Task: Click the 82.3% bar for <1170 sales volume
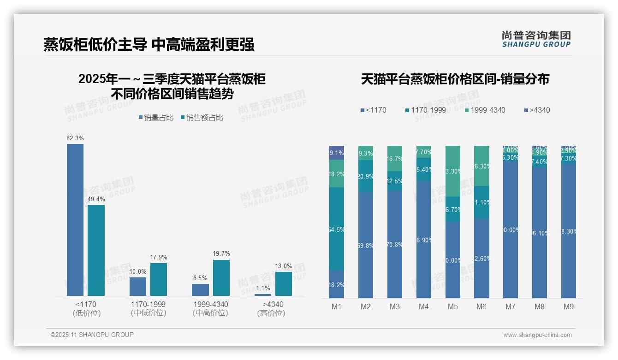pos(75,220)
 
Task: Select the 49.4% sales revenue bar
pos(96,250)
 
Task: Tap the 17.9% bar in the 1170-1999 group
pos(159,279)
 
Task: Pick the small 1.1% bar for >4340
pos(263,294)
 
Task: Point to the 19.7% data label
pos(221,254)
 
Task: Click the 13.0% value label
pos(284,266)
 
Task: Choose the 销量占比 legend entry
pos(156,118)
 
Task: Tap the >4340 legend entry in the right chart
pos(537,110)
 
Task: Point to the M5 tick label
pos(452,306)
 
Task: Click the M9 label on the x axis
pos(568,306)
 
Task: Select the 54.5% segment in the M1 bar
pos(337,229)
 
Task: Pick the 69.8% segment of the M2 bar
pos(366,245)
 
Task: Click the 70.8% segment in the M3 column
pos(395,244)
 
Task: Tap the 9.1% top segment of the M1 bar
pos(337,153)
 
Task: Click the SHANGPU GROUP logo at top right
pos(536,39)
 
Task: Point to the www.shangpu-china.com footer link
pos(537,335)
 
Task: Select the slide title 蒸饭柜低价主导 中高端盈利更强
pos(149,45)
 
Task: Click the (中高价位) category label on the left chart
pos(210,313)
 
